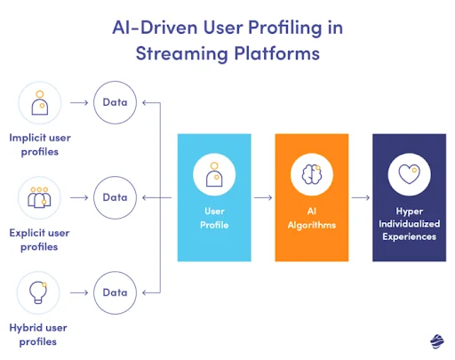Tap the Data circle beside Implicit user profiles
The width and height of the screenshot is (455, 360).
(115, 102)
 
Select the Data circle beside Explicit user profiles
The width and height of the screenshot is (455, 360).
(115, 196)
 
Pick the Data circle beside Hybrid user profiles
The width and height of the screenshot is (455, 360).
(115, 292)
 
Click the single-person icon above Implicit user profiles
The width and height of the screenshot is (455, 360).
(38, 102)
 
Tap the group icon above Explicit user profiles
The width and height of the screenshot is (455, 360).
(38, 196)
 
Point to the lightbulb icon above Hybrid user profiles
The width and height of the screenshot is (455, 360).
(38, 292)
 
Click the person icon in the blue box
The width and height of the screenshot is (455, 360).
(214, 174)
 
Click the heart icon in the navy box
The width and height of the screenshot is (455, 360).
(408, 174)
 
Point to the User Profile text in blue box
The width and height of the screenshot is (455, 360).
(214, 219)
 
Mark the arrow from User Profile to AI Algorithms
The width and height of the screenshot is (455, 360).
(263, 197)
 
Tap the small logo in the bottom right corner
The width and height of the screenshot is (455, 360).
(436, 341)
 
